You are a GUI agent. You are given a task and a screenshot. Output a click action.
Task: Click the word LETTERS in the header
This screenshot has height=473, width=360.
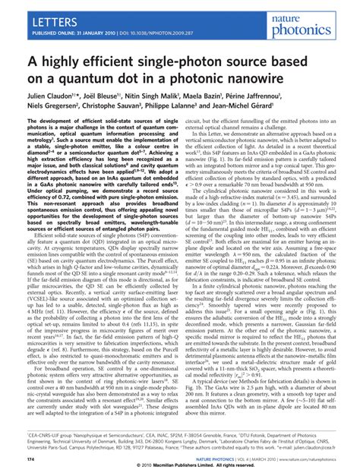(x=36, y=13)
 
